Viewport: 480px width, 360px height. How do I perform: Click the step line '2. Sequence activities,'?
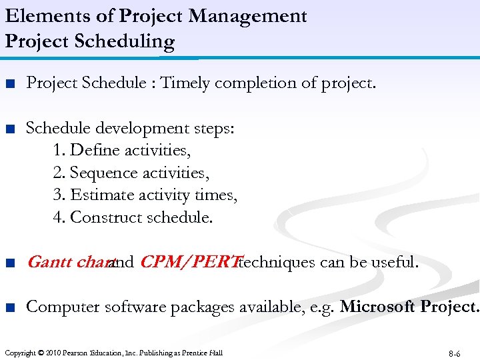(131, 173)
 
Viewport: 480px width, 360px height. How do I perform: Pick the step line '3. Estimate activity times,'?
(145, 195)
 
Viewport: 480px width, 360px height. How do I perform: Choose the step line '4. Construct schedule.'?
(133, 217)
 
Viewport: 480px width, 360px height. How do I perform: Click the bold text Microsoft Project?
(409, 307)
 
